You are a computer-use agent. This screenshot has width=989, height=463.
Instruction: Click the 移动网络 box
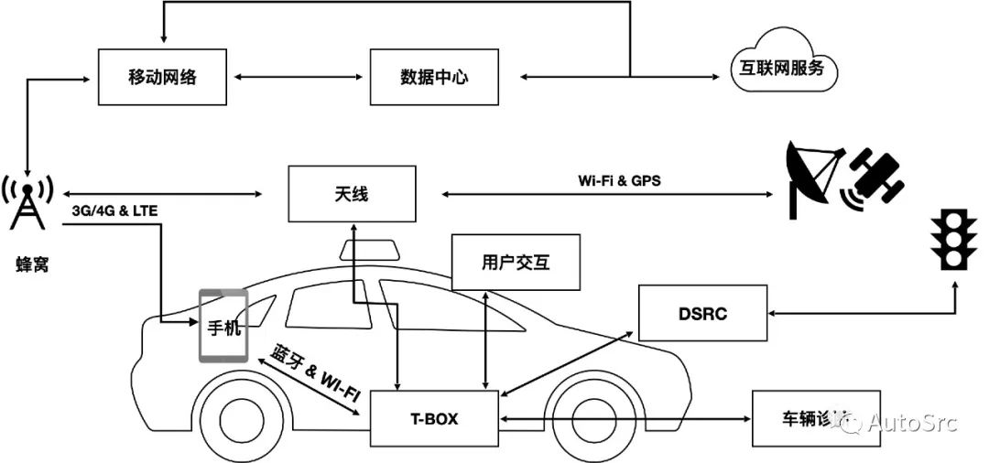162,77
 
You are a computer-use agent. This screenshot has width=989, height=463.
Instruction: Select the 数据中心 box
434,77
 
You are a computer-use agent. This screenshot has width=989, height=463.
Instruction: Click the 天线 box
352,194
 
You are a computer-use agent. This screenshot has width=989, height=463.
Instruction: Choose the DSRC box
703,314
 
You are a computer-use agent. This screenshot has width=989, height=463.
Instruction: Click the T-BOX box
434,419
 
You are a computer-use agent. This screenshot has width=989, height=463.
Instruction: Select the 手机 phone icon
223,326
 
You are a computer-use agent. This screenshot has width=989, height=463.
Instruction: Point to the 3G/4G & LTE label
114,211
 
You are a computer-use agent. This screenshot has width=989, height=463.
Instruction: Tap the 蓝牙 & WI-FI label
314,369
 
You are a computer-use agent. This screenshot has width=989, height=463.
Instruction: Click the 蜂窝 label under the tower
31,264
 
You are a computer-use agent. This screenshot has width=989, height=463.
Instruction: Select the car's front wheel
602,422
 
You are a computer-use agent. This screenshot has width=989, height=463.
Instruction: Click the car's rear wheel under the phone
245,422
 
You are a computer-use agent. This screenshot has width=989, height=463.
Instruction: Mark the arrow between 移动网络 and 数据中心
298,77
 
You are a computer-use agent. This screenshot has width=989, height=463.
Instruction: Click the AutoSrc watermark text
910,422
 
